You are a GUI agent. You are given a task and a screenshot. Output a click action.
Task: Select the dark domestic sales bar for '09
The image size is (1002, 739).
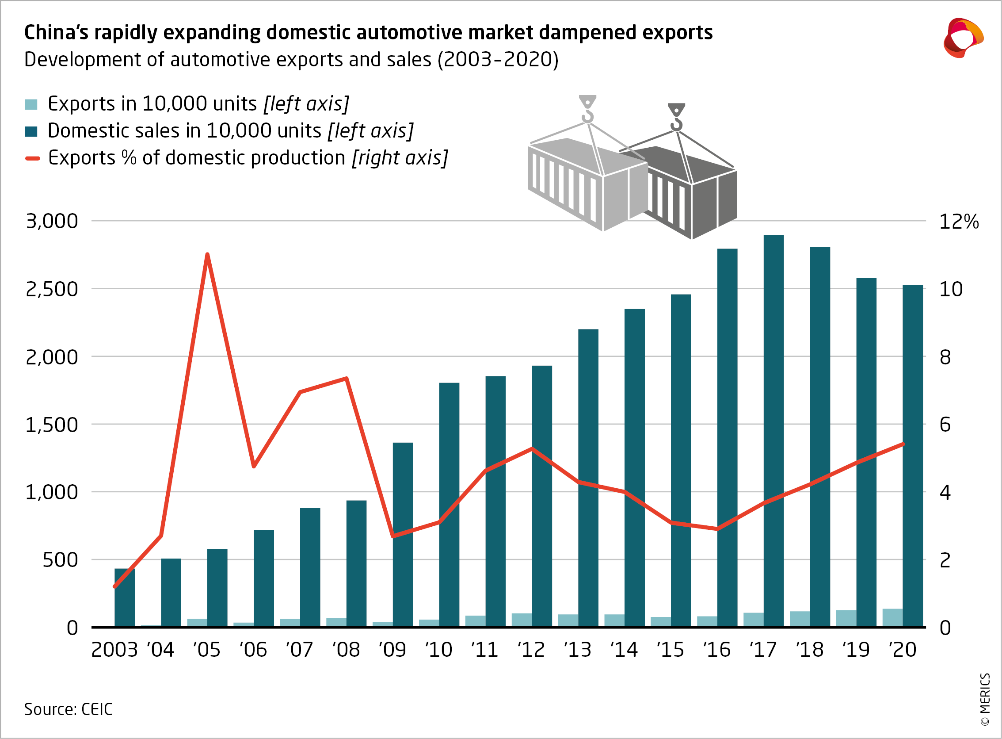402,535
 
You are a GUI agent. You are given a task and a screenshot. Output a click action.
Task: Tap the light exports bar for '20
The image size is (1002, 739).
892,617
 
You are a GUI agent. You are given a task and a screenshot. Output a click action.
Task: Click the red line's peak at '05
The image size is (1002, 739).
207,255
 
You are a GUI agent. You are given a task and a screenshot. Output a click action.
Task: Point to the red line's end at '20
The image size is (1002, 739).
903,444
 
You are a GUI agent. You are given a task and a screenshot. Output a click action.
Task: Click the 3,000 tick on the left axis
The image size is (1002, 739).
52,221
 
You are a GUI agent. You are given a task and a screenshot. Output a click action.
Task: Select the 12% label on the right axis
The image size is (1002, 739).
959,222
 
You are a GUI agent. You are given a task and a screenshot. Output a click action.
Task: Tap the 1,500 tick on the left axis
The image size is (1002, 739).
52,425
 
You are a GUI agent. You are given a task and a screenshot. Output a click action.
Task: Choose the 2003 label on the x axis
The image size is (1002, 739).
114,650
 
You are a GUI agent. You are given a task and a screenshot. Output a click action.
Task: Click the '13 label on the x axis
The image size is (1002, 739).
578,650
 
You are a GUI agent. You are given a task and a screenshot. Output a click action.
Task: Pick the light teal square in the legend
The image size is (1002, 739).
31,105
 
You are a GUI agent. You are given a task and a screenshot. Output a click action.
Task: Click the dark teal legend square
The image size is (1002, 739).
31,131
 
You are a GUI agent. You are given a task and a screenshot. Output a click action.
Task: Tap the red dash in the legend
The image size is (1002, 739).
33,158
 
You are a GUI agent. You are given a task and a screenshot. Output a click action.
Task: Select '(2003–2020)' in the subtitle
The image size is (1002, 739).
498,60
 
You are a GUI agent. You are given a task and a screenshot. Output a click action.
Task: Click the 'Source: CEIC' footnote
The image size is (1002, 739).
68,709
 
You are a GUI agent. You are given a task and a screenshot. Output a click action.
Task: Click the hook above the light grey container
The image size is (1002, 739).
587,109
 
